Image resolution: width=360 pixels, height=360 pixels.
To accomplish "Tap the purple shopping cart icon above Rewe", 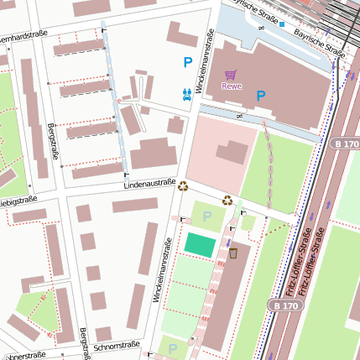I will [231, 75].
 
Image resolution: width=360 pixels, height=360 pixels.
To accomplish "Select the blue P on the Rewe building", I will [261, 96].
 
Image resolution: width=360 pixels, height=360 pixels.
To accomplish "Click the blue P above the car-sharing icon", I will [188, 62].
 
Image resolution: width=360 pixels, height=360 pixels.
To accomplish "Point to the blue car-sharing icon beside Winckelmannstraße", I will [187, 94].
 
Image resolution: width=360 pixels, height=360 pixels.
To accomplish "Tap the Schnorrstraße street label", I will [117, 346].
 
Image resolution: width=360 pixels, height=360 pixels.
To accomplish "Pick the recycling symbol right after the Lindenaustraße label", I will [183, 186].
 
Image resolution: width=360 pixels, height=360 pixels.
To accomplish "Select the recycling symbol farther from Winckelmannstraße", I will [227, 200].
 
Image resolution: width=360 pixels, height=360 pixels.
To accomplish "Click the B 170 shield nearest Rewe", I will [344, 143].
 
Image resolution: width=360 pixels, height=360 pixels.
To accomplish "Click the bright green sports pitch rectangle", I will [200, 244].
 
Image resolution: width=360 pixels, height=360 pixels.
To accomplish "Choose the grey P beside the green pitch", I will [206, 217].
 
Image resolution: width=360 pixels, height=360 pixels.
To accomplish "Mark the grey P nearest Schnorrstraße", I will [173, 348].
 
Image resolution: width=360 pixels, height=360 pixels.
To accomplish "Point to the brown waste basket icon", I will [233, 252].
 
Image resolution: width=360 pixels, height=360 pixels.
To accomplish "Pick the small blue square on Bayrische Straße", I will [283, 23].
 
